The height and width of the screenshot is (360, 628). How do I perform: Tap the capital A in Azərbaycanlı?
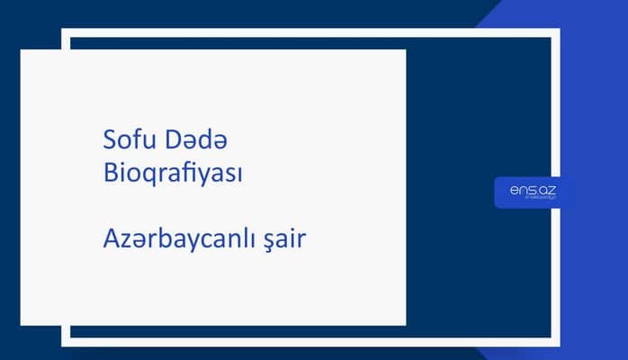click(112, 239)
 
